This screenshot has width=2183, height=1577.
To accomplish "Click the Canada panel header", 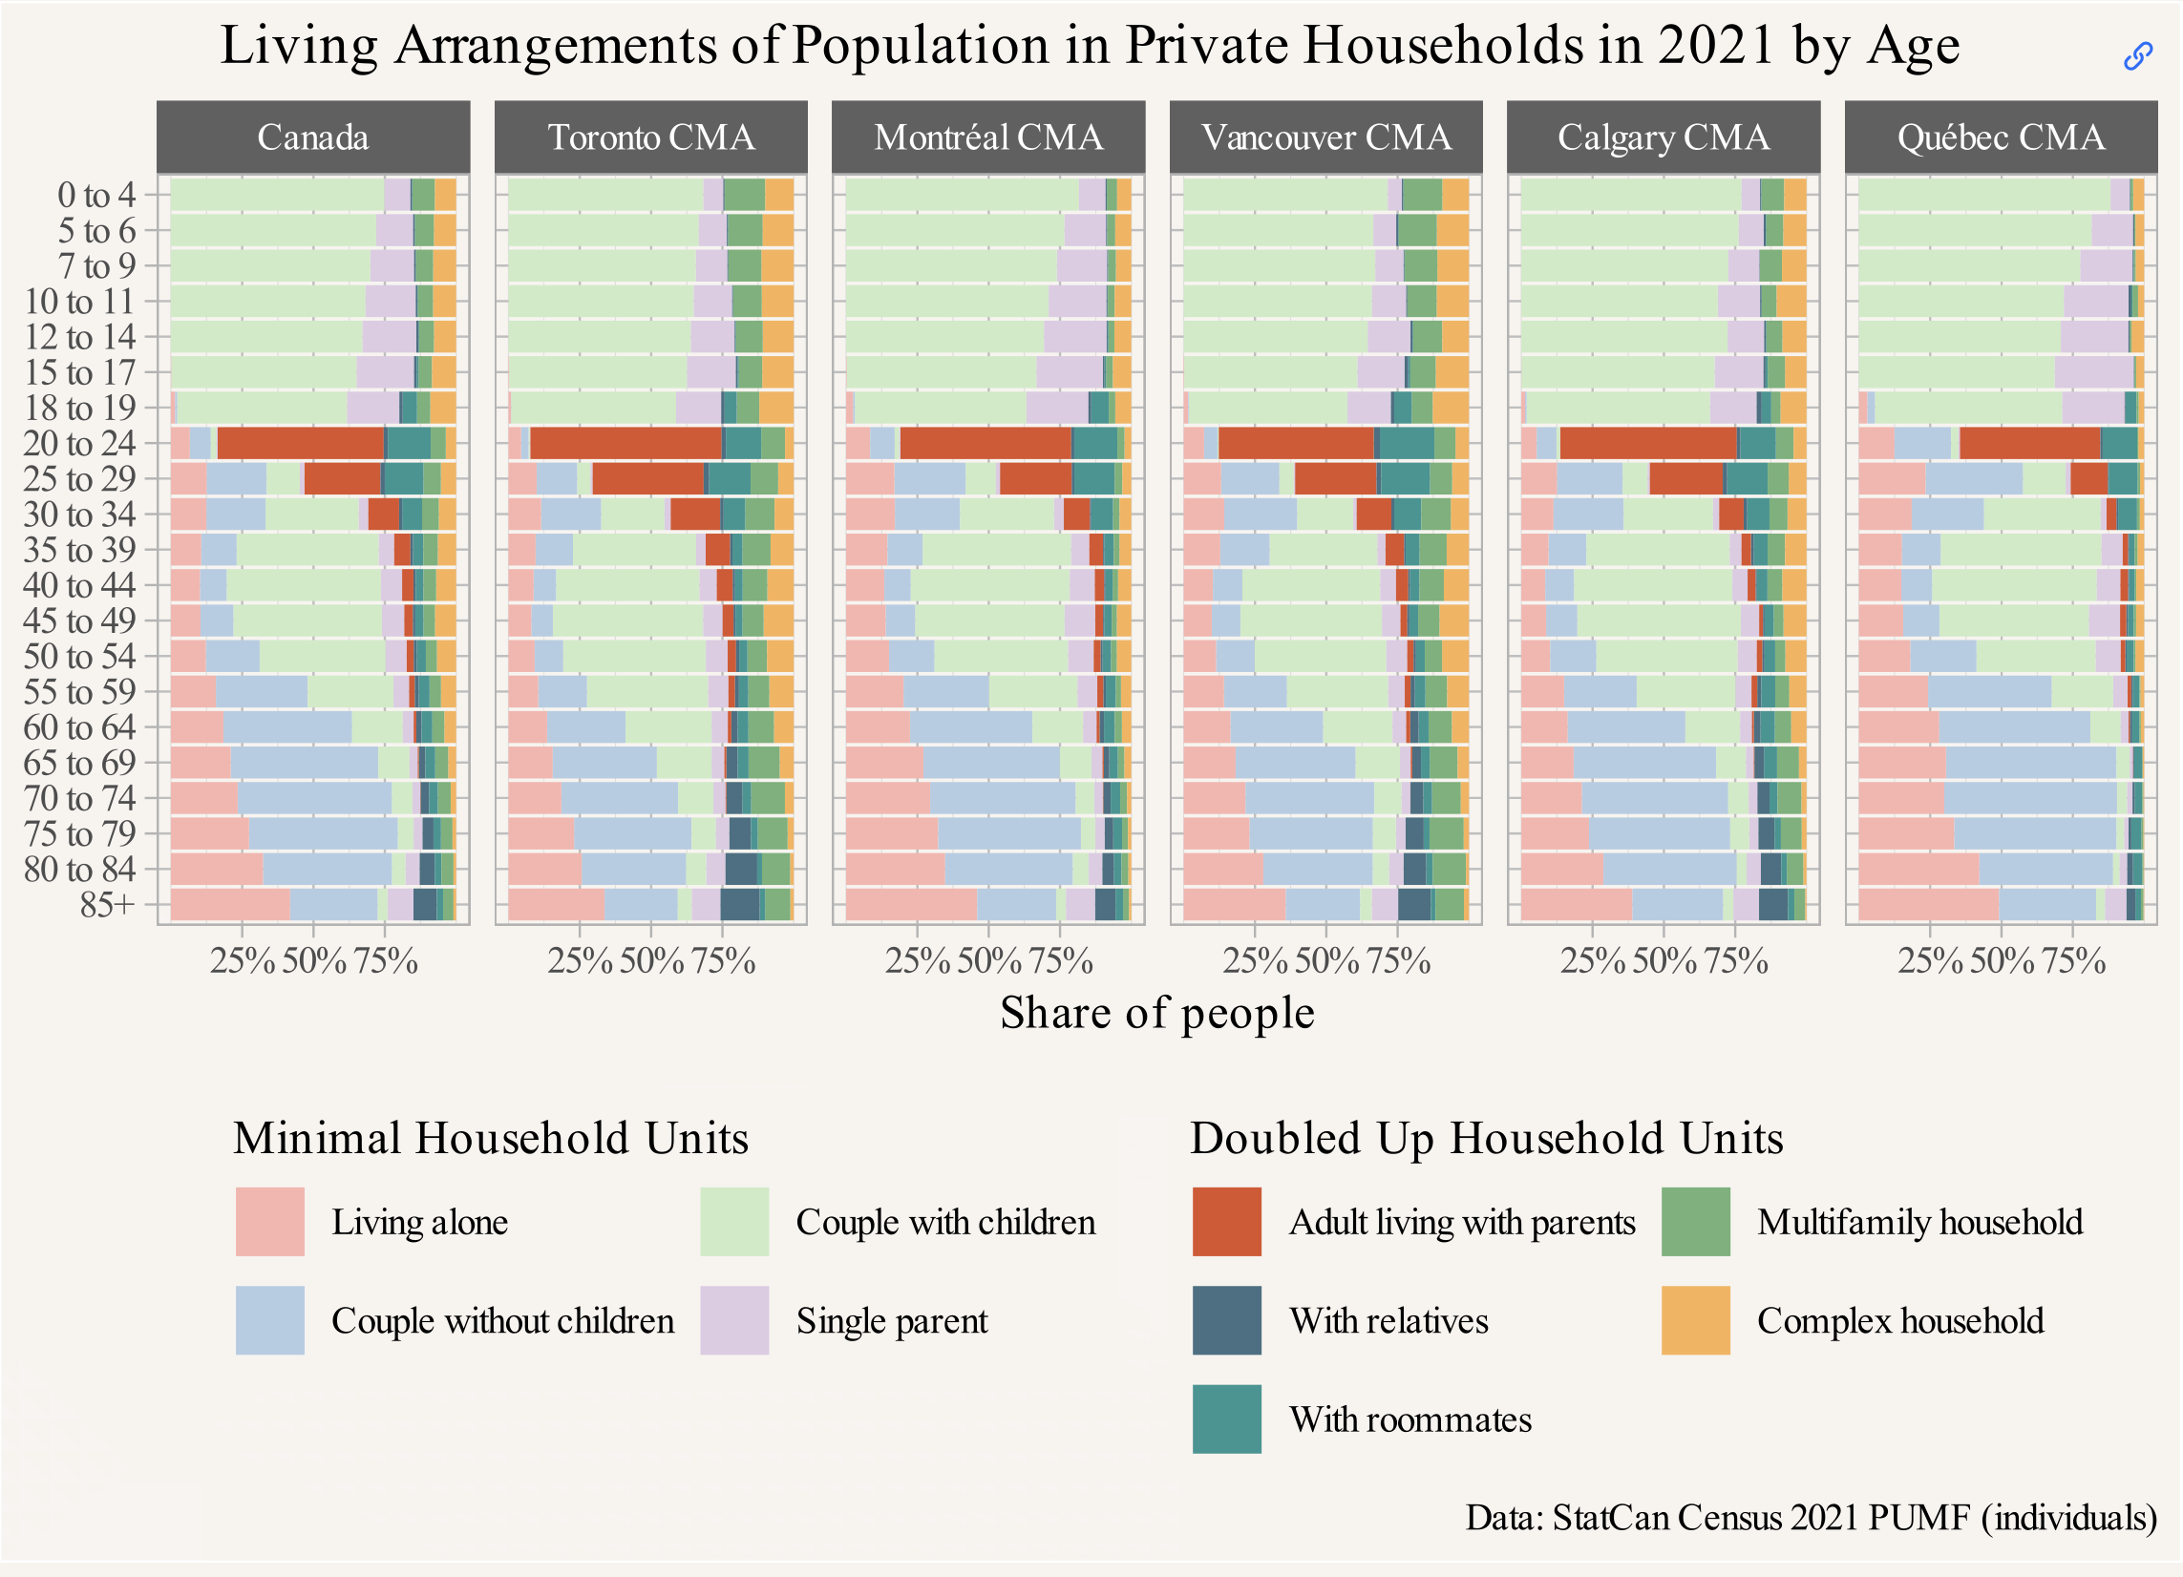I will [313, 137].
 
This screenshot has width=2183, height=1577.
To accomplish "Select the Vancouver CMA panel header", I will [1325, 137].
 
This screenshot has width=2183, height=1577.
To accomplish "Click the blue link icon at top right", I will [2138, 56].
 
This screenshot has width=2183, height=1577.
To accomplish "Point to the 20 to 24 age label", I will [80, 444].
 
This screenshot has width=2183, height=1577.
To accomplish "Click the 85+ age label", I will [108, 904].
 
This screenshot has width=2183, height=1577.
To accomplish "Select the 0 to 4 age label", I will [96, 196].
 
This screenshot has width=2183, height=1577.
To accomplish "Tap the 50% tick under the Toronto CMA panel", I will [650, 961].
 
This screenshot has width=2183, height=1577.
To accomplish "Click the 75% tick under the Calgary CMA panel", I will [1735, 961].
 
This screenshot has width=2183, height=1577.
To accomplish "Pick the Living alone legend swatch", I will [269, 1222].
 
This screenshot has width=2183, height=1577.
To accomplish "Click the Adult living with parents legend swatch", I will [1226, 1222].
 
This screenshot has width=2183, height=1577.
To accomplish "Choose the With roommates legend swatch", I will [1226, 1419].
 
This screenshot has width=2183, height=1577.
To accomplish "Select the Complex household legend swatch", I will [1695, 1320].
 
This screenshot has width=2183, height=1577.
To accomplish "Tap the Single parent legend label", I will [891, 1321].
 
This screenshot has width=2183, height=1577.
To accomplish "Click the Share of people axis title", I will [1157, 1012].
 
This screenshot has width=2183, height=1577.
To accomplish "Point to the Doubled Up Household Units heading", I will [1486, 1138].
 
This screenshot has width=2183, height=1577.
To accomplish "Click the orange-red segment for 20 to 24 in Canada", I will [300, 444].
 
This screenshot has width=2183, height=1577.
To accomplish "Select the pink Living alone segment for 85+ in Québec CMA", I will [1928, 904].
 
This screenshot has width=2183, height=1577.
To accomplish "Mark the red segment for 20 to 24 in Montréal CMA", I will [986, 444].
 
